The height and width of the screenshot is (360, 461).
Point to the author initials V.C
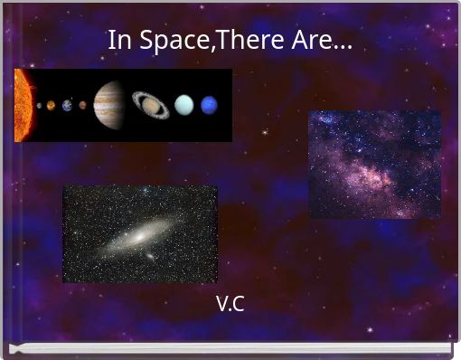pyautogui.click(x=230, y=304)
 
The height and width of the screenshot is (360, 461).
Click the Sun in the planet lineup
pyautogui.click(x=22, y=105)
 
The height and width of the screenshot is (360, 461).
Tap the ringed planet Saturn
pyautogui.click(x=150, y=104)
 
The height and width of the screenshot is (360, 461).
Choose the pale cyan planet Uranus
pyautogui.click(x=184, y=105)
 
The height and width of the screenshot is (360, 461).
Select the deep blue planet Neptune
pyautogui.click(x=210, y=105)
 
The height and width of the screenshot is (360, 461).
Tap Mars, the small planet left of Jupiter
pyautogui.click(x=82, y=105)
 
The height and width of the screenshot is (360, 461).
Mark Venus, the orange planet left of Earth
pyautogui.click(x=52, y=105)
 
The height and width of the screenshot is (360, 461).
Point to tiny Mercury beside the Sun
pyautogui.click(x=39, y=105)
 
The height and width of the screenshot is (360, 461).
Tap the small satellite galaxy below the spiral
pyautogui.click(x=150, y=256)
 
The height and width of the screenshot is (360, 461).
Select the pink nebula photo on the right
pyautogui.click(x=374, y=164)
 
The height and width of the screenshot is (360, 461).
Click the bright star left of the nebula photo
pyautogui.click(x=265, y=133)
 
